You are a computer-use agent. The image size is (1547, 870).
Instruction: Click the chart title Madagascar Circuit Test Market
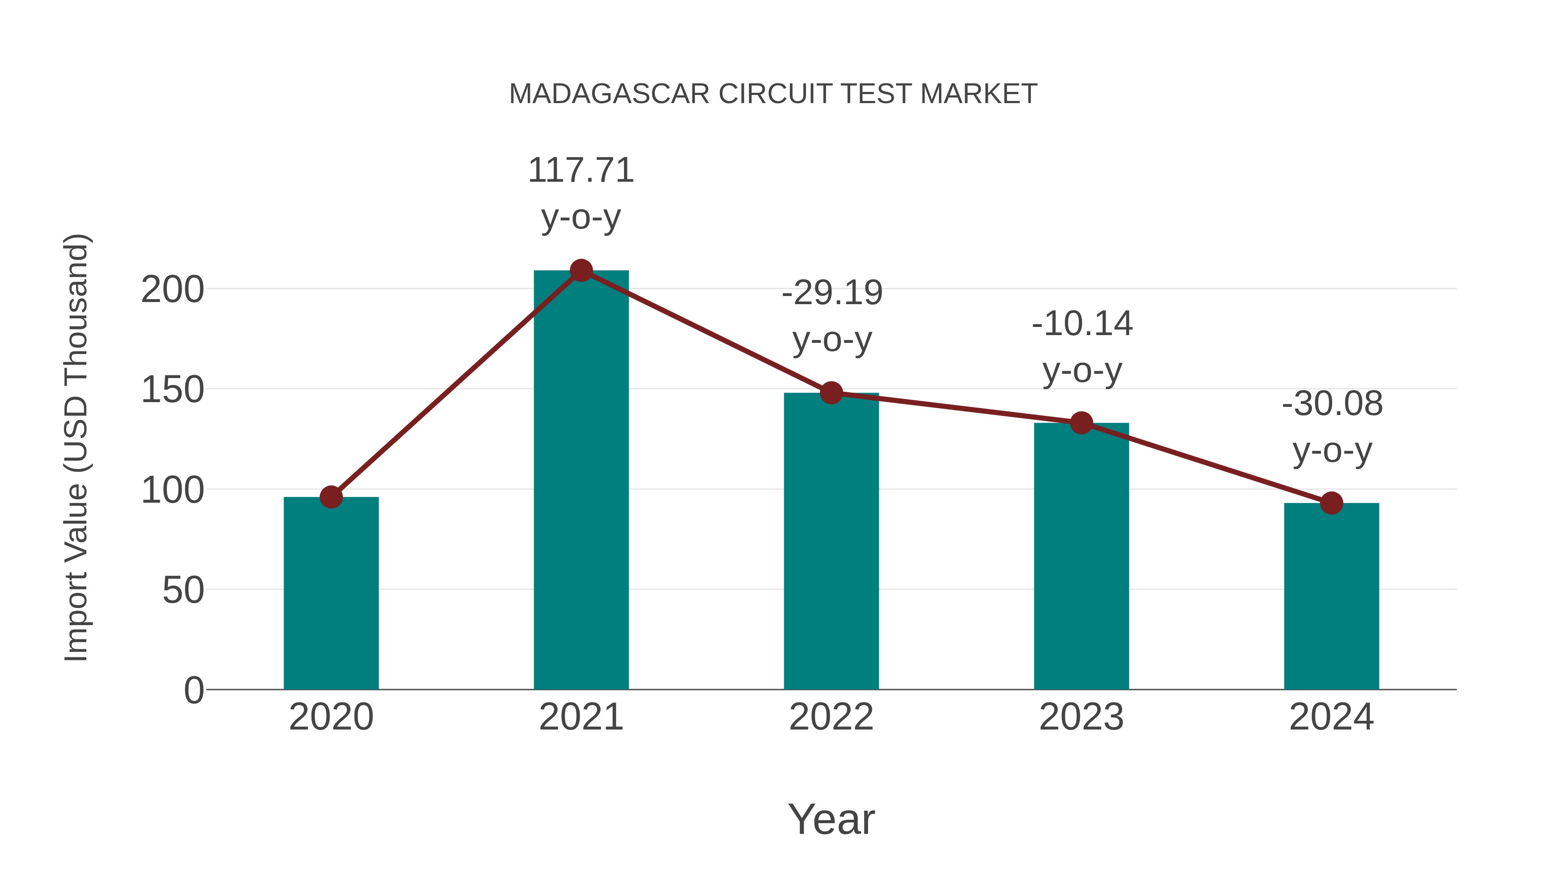[x=773, y=94]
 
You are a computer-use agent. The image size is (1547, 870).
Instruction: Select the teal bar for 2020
[x=331, y=595]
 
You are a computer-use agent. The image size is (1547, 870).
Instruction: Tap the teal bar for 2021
[x=581, y=480]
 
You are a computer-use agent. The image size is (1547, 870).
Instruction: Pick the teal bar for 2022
[x=831, y=540]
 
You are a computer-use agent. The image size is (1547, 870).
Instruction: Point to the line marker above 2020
[x=331, y=497]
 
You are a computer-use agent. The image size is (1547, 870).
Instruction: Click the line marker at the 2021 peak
[x=581, y=271]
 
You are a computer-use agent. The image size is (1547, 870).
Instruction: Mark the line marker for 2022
[x=831, y=393]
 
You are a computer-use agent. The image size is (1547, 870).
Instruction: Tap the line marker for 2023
[x=1081, y=423]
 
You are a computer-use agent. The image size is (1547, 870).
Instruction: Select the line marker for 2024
[x=1331, y=503]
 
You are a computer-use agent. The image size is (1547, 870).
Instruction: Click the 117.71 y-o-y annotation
[x=581, y=193]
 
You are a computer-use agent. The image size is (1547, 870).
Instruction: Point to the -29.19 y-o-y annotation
[x=832, y=316]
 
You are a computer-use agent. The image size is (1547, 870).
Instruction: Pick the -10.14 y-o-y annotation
[x=1082, y=347]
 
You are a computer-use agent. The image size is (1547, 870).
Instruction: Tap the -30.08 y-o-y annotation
[x=1332, y=427]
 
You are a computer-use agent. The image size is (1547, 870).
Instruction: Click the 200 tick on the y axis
[x=172, y=290]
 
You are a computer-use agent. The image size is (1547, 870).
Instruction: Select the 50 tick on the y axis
[x=183, y=591]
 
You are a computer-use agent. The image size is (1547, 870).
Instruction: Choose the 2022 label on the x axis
[x=831, y=717]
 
